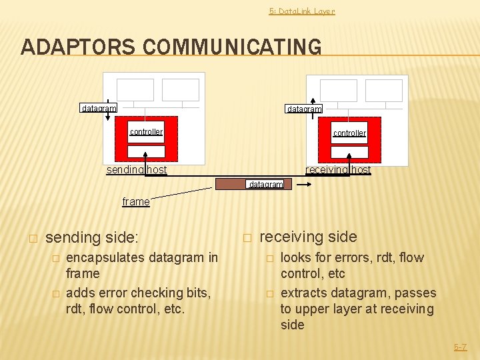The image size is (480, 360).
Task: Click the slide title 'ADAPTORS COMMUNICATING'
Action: coord(171,47)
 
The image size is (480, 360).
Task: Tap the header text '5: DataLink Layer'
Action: coord(301,11)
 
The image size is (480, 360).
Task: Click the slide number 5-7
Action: coord(460,347)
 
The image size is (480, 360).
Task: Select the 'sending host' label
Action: coord(137,170)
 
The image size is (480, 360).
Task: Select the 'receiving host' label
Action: coord(338,170)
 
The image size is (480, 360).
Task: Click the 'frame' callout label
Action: coord(136,201)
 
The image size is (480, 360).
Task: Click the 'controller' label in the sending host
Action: coord(146,132)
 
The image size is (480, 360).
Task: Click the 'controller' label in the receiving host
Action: coord(349,133)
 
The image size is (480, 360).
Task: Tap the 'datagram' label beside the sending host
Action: coord(99,108)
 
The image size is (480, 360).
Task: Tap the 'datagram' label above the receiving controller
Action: coord(303,109)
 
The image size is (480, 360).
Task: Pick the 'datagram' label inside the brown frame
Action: coord(265,184)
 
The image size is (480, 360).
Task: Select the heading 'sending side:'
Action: coord(91,237)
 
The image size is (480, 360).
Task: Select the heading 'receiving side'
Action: coord(308,237)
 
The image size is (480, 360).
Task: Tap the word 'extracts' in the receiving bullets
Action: coord(303,293)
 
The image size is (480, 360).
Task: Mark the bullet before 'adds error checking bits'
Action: coord(57,293)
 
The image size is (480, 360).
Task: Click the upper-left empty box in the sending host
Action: coord(136,90)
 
